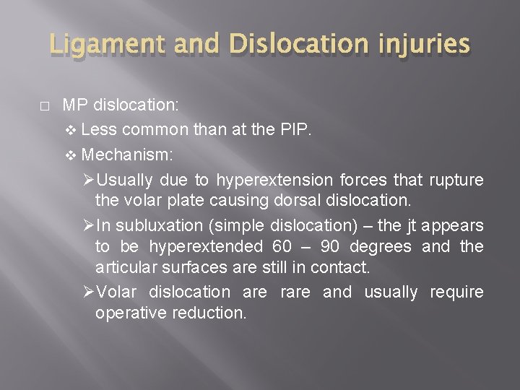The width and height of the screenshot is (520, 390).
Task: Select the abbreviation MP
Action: [x=74, y=105]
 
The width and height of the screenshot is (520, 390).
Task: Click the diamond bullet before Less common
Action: [x=71, y=131]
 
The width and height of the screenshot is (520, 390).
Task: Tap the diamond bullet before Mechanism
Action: [x=71, y=155]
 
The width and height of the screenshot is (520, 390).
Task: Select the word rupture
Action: [x=456, y=180]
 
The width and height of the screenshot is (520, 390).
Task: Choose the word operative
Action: [x=128, y=314]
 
